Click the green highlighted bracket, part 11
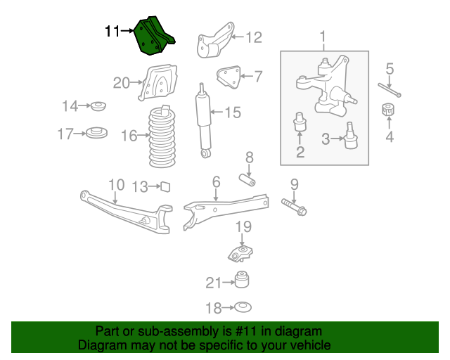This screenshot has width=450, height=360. click(155, 37)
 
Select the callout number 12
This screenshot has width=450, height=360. click(253, 37)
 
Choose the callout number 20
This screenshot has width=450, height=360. click(121, 83)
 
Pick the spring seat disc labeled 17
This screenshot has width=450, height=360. click(96, 132)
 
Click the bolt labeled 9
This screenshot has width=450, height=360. click(295, 207)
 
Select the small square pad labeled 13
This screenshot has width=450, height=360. click(166, 186)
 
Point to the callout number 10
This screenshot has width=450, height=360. click(116, 186)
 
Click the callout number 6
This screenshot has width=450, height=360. click(216, 182)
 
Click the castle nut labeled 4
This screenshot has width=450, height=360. click(386, 111)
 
